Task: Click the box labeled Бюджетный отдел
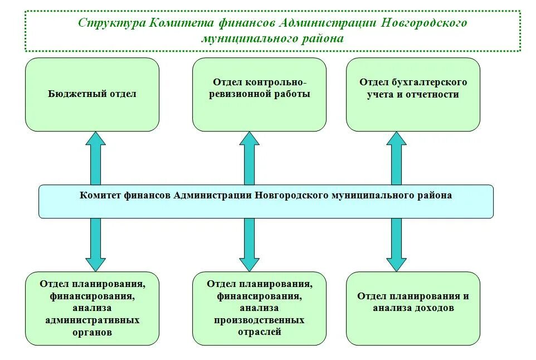point(92,95)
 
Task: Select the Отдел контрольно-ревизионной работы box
point(259,95)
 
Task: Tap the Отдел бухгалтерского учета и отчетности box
point(413,95)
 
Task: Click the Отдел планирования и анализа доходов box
point(413,308)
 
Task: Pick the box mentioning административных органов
point(92,308)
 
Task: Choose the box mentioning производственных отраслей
point(259,308)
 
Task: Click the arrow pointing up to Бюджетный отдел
point(96,159)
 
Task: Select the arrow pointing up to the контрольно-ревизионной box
point(249,159)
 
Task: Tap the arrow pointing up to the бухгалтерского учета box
point(396,159)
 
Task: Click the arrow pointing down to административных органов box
point(96,244)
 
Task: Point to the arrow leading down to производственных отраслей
point(249,244)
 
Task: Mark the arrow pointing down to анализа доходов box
point(396,244)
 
